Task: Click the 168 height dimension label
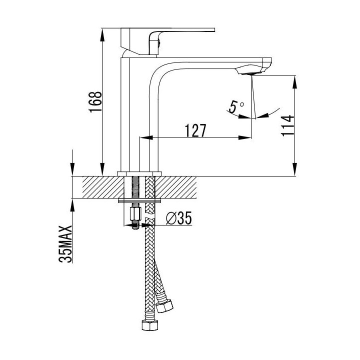(96, 102)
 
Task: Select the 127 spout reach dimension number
(195, 130)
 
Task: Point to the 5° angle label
(235, 106)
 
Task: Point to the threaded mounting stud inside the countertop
(135, 187)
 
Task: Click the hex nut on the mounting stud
(134, 214)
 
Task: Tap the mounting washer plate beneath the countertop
(139, 200)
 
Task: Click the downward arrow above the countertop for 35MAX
(72, 170)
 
